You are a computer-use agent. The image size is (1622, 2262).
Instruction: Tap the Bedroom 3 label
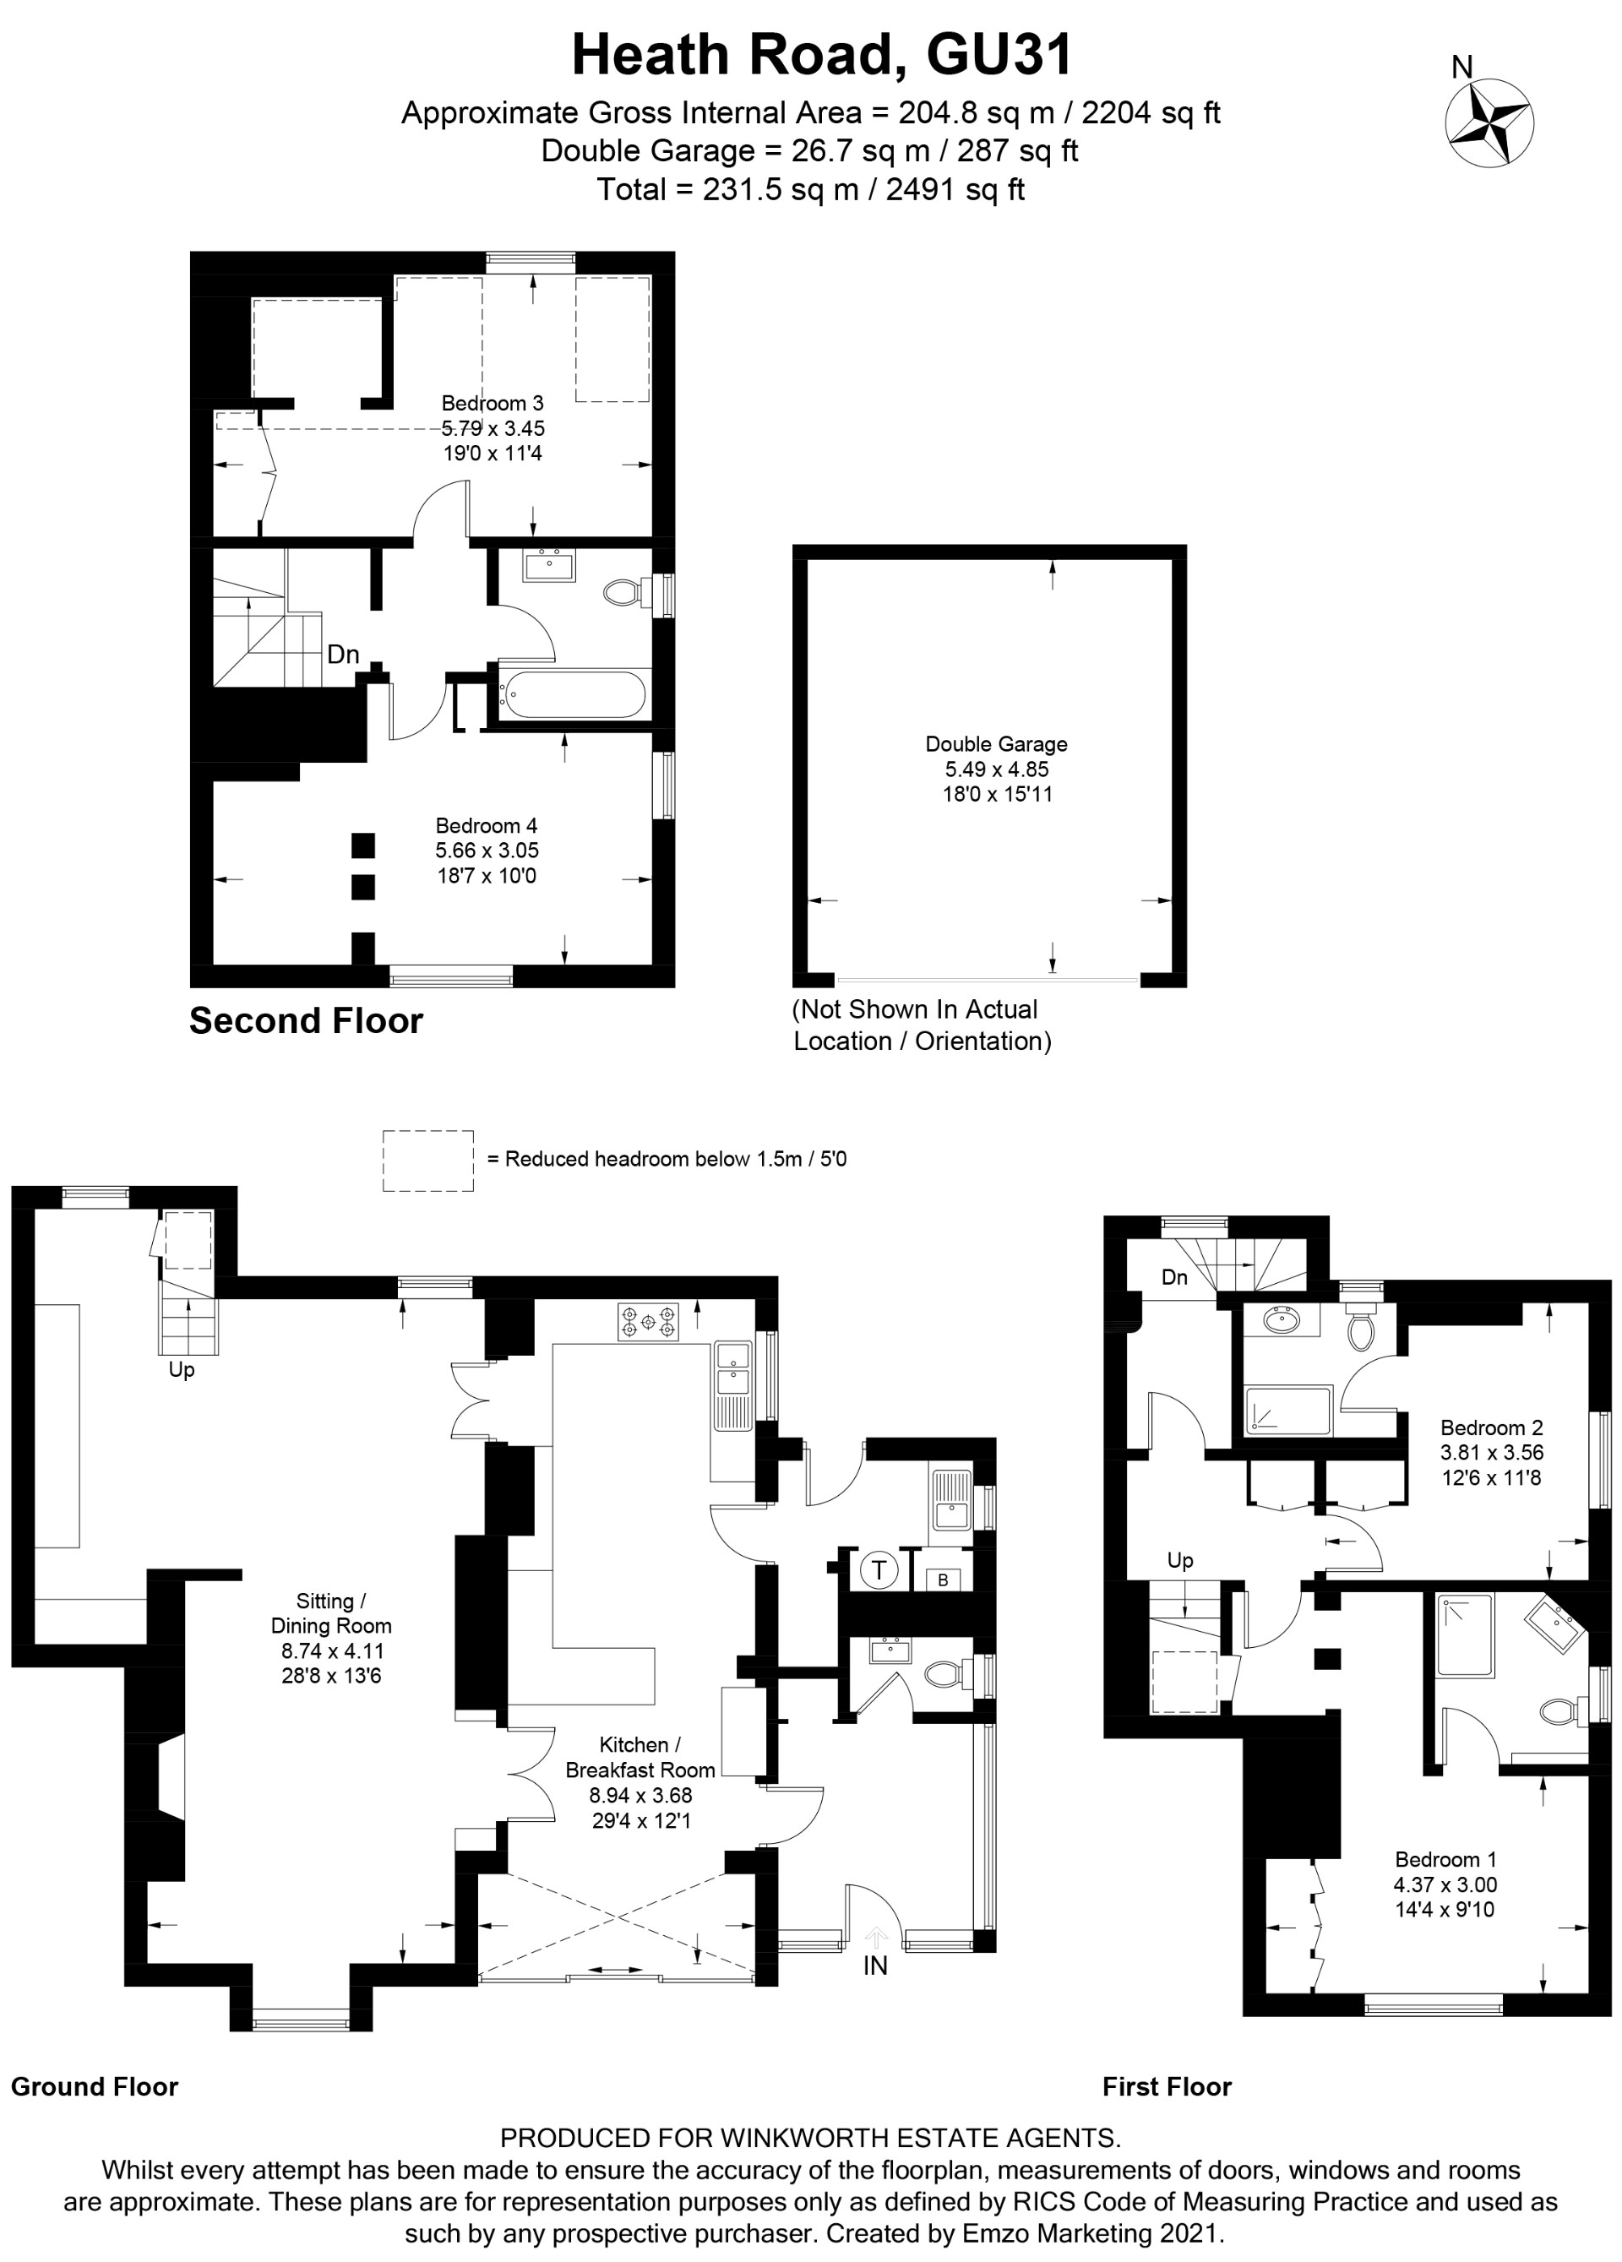click(492, 403)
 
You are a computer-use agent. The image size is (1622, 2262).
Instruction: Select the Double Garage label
click(995, 743)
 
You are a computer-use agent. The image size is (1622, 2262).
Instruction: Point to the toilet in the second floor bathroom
click(623, 592)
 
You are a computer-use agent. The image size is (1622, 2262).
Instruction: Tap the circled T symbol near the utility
click(878, 1570)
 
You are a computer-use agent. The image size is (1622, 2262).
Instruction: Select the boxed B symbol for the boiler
click(943, 1580)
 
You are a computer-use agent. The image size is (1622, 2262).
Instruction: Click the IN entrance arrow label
click(875, 1966)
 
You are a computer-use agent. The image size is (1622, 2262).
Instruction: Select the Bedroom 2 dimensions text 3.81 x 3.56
click(1490, 1452)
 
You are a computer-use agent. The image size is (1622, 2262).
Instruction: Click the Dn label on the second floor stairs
click(343, 655)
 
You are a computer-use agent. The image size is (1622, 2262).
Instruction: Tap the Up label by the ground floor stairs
click(182, 1369)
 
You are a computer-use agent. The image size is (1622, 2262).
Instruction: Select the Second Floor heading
click(307, 1020)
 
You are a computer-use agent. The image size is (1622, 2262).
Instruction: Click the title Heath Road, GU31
click(821, 55)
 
